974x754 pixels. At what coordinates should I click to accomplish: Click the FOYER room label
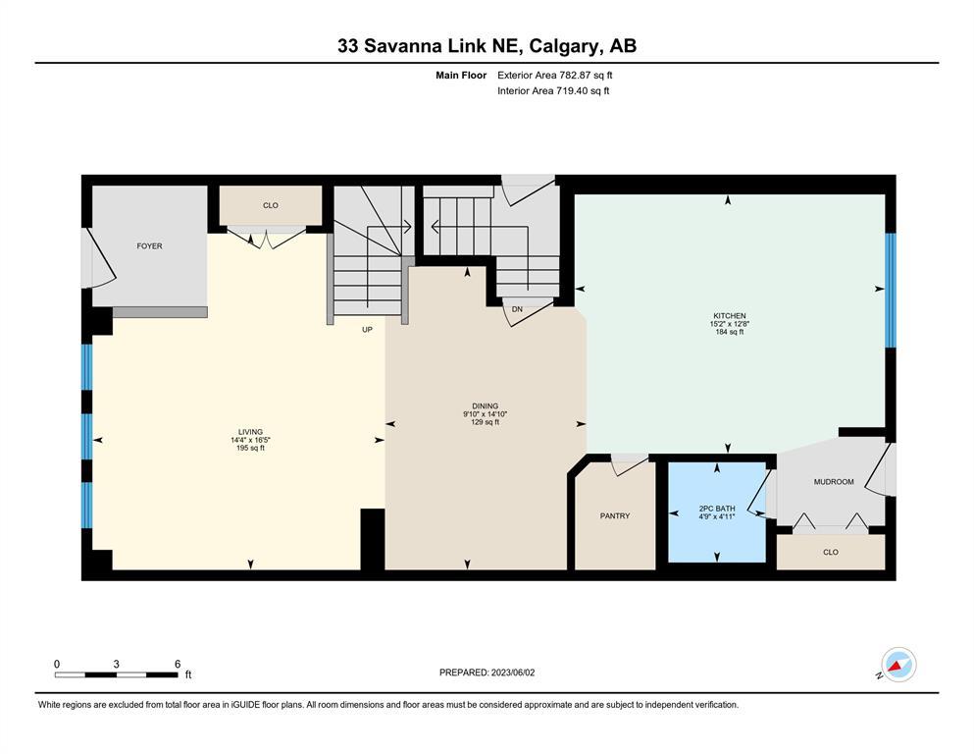point(149,246)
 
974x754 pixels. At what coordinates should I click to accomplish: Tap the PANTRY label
point(615,516)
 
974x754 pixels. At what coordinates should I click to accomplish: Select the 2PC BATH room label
point(717,509)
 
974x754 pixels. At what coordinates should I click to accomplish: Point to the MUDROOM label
point(834,482)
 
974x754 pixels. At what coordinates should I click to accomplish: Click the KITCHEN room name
point(729,316)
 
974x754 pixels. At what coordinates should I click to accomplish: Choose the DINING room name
point(486,406)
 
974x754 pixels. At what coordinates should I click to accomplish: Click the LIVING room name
point(250,432)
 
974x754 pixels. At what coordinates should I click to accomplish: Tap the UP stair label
point(367,330)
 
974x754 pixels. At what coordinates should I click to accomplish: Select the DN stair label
point(517,309)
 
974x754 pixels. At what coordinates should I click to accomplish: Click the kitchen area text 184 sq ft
point(729,332)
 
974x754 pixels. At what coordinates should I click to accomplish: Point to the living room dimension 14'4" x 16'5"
point(250,440)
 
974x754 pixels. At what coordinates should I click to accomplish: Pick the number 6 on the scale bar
point(178,664)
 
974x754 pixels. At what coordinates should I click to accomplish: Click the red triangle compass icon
point(896,668)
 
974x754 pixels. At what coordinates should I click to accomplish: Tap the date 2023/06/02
point(513,673)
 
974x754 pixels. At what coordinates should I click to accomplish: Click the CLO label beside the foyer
point(270,206)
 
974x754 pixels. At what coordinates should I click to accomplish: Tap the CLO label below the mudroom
point(831,552)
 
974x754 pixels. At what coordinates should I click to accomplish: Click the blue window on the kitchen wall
point(891,291)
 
